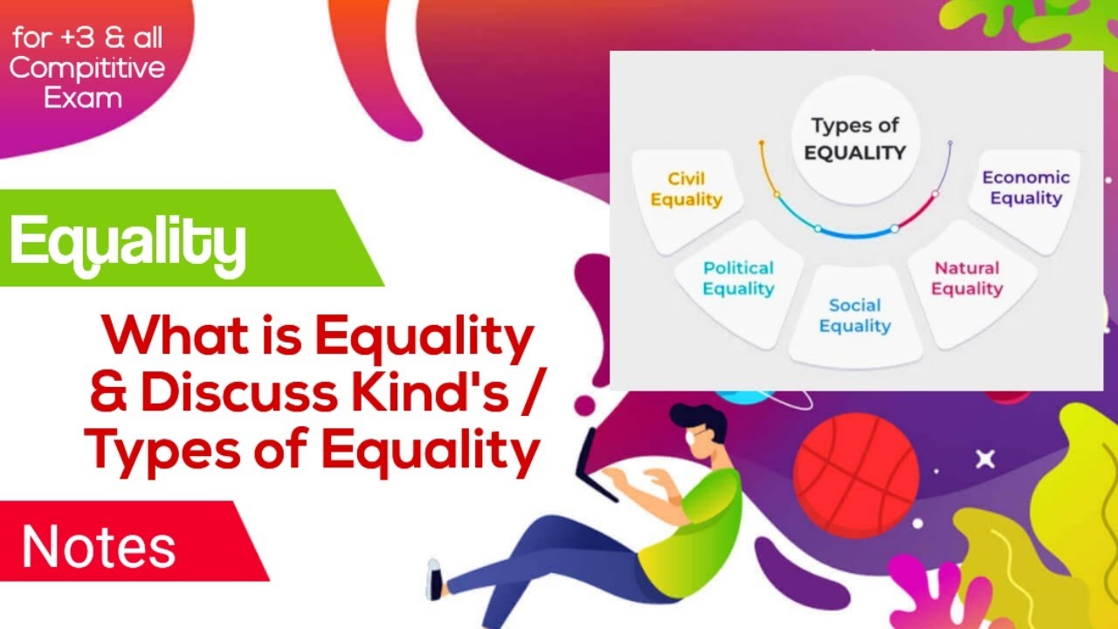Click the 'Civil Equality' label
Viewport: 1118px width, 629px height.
[687, 189]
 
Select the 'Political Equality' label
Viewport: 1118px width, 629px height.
[738, 278]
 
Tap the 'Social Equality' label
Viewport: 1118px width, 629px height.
[855, 315]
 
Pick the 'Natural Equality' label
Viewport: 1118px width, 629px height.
[967, 278]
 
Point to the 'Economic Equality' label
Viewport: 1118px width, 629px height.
[1025, 188]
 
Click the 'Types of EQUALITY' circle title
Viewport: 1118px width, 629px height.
[854, 138]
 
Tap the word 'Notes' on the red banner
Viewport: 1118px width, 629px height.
[99, 547]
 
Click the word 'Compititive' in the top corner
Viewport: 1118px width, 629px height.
[86, 68]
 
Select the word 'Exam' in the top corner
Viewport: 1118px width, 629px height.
[83, 97]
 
